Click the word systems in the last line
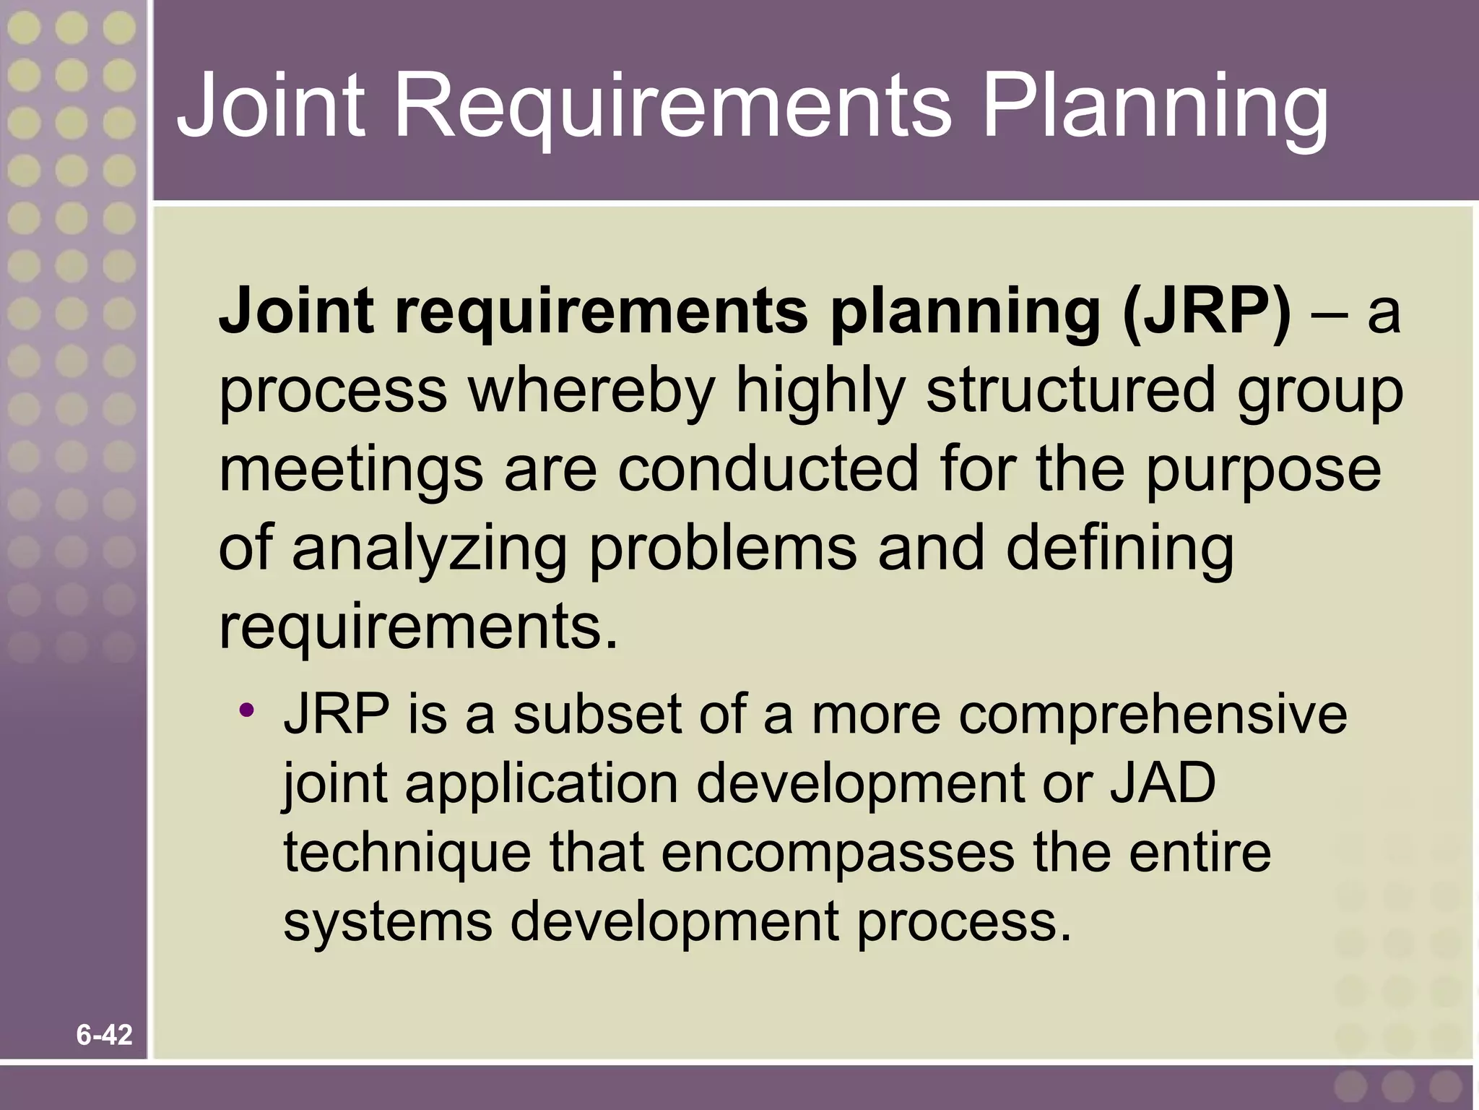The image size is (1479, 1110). pos(388,922)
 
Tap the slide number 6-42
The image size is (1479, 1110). pos(105,1036)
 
